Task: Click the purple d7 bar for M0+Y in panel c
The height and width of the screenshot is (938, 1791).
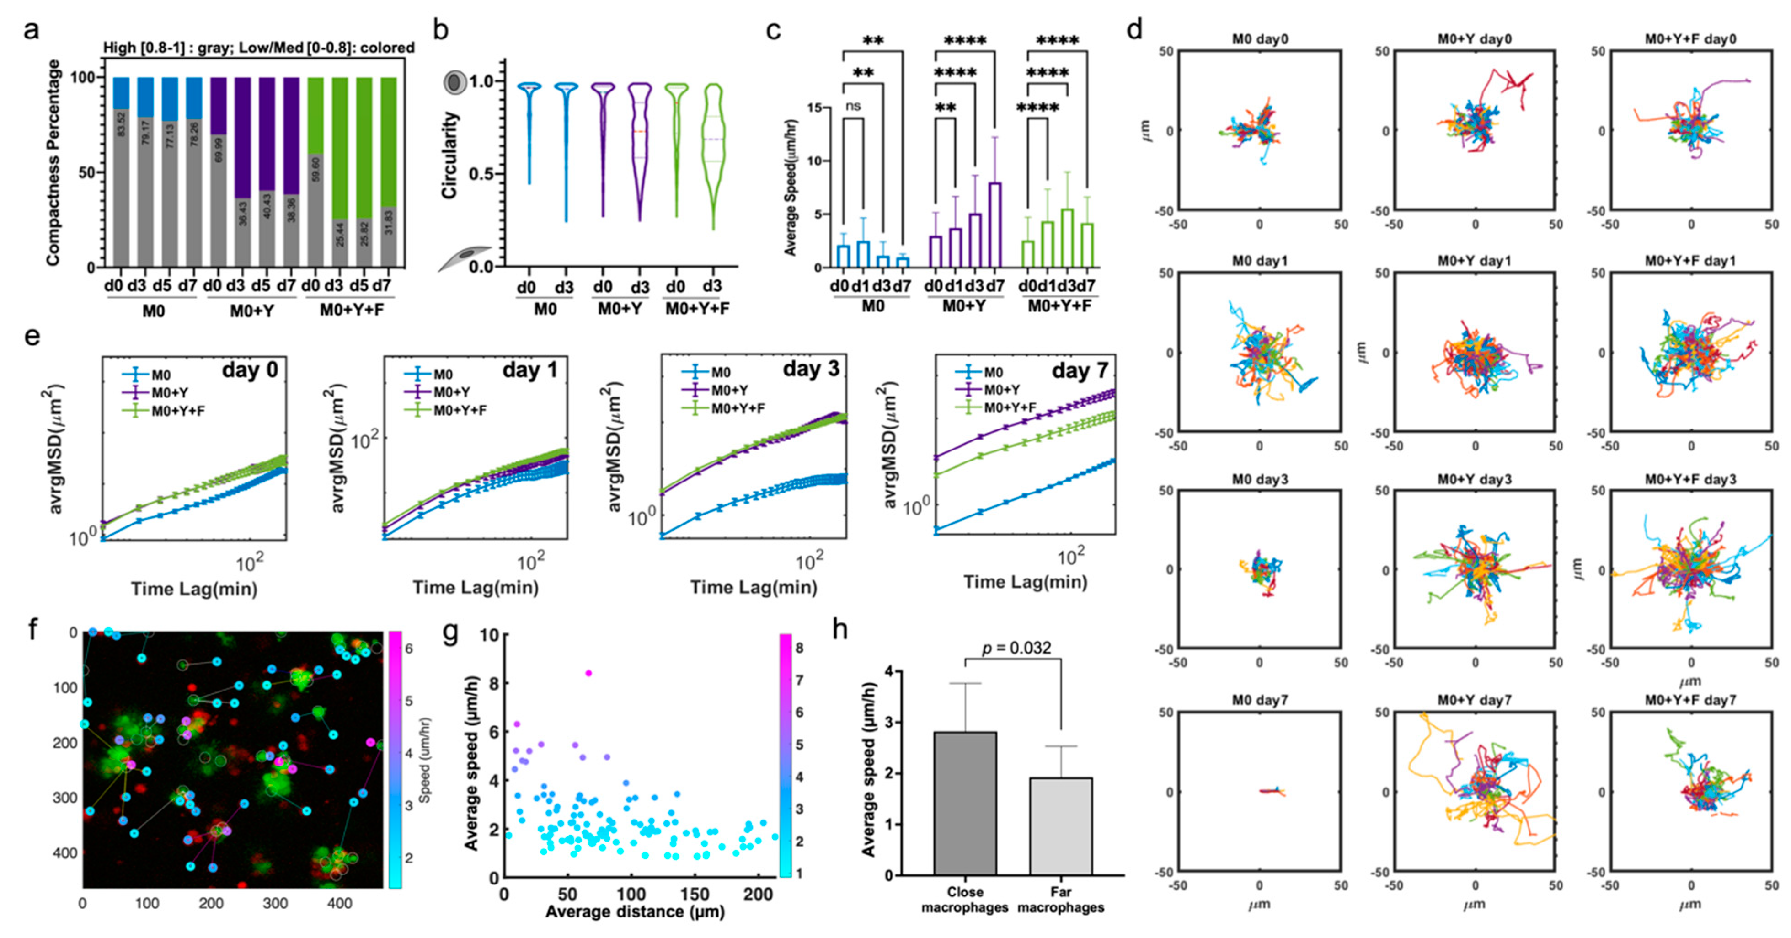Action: [x=995, y=225]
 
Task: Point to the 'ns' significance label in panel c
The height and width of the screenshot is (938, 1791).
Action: [x=853, y=107]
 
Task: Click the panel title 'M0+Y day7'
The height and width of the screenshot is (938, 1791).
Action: [x=1475, y=700]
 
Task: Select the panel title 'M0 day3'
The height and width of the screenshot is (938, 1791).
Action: [x=1260, y=479]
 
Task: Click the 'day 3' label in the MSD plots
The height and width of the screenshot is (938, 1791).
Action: [x=811, y=369]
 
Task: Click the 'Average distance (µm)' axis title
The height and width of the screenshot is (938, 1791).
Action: [x=634, y=911]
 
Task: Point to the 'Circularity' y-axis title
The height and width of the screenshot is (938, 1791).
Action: [x=450, y=155]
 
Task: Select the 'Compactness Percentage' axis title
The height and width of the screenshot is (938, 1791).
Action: [x=53, y=163]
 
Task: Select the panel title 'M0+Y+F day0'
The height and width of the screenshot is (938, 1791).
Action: [x=1690, y=39]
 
